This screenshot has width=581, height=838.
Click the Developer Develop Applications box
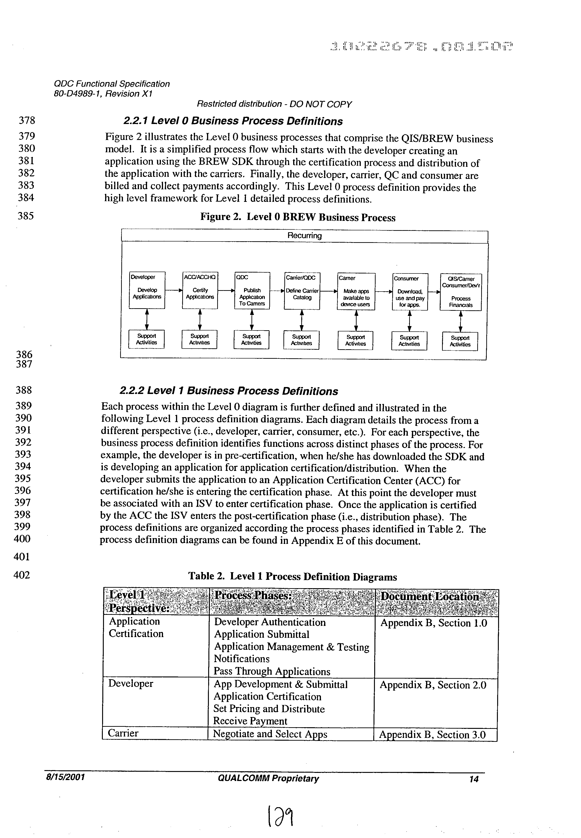tap(147, 290)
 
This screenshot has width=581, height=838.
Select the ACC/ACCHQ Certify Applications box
tap(200, 290)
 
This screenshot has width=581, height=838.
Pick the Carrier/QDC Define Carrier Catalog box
tap(302, 291)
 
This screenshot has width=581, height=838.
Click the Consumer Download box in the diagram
tap(410, 292)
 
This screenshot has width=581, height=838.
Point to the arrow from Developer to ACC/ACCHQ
tap(174, 290)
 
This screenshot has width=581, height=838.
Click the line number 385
tap(25, 216)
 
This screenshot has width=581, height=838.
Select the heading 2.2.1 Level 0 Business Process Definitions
tap(233, 121)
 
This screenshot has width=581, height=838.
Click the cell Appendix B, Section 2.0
tap(433, 685)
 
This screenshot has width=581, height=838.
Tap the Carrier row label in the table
tap(123, 733)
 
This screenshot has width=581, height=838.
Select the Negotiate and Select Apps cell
tap(270, 733)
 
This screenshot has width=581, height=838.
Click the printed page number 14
tap(474, 779)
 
